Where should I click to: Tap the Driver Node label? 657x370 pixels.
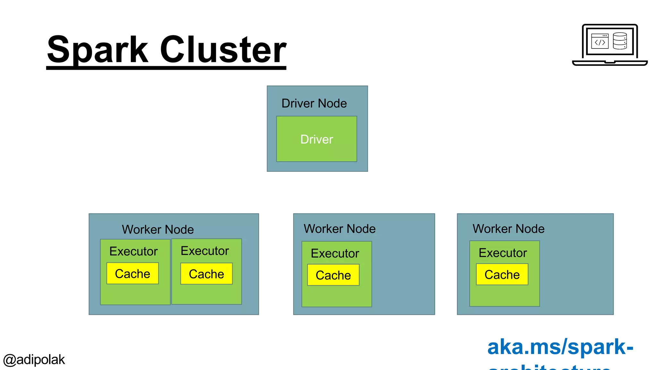coord(314,103)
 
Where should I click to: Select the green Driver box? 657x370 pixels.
coord(317,139)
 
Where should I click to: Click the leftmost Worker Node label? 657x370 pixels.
coord(158,230)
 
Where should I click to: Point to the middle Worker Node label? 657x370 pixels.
coord(339,229)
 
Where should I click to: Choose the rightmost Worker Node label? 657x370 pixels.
coord(508,229)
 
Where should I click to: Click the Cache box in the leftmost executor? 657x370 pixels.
coord(132,274)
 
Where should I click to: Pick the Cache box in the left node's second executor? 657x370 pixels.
coord(206,274)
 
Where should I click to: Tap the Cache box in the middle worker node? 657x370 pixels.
coord(333,275)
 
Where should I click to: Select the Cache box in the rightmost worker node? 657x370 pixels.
coord(502,275)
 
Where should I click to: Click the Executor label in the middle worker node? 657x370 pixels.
coord(335,253)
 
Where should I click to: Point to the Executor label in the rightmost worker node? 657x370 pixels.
coord(503,253)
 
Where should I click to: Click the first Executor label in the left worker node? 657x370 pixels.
coord(133,251)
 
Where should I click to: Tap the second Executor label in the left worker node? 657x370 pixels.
coord(205,251)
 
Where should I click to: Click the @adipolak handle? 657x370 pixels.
coord(34,360)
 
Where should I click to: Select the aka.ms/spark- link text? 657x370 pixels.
coord(560,347)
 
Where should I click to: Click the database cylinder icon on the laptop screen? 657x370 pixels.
coord(620,41)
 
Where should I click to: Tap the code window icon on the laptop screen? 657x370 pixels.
coord(600,41)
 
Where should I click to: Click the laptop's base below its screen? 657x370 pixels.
coord(610,63)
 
